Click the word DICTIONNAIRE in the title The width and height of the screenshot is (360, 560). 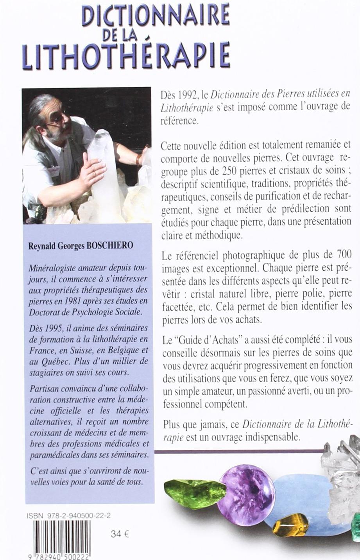pos(155,16)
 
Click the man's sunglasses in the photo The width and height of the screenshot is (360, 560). pos(57,116)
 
